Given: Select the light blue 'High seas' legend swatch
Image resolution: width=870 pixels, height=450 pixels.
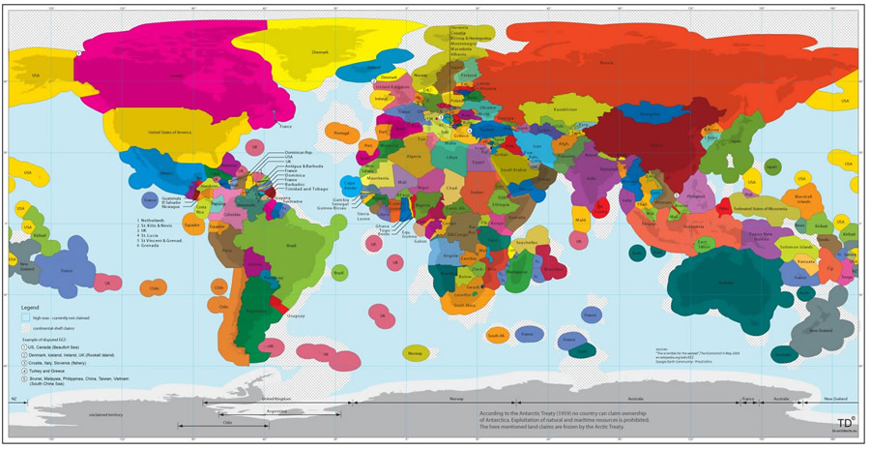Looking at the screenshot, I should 26,317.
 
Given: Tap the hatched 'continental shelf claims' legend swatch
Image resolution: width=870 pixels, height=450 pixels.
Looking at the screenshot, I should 26,327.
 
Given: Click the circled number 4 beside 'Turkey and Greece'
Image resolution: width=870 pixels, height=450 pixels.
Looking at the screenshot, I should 25,371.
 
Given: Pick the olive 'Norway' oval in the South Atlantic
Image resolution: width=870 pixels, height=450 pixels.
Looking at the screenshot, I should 416,353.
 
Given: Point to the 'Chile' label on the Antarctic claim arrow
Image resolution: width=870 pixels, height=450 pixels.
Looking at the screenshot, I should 227,422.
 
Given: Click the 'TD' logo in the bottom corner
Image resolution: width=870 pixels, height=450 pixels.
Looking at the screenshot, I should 845,422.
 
